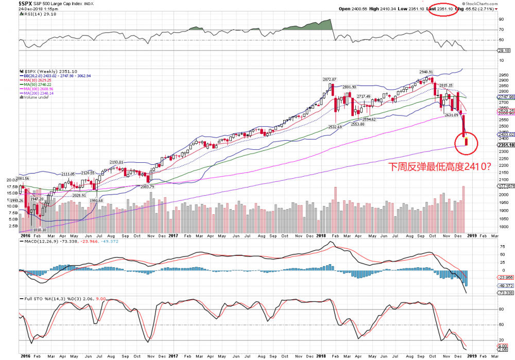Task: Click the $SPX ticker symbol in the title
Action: [11, 3]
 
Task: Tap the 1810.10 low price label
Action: [39, 230]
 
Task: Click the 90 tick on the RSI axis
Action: [501, 19]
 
